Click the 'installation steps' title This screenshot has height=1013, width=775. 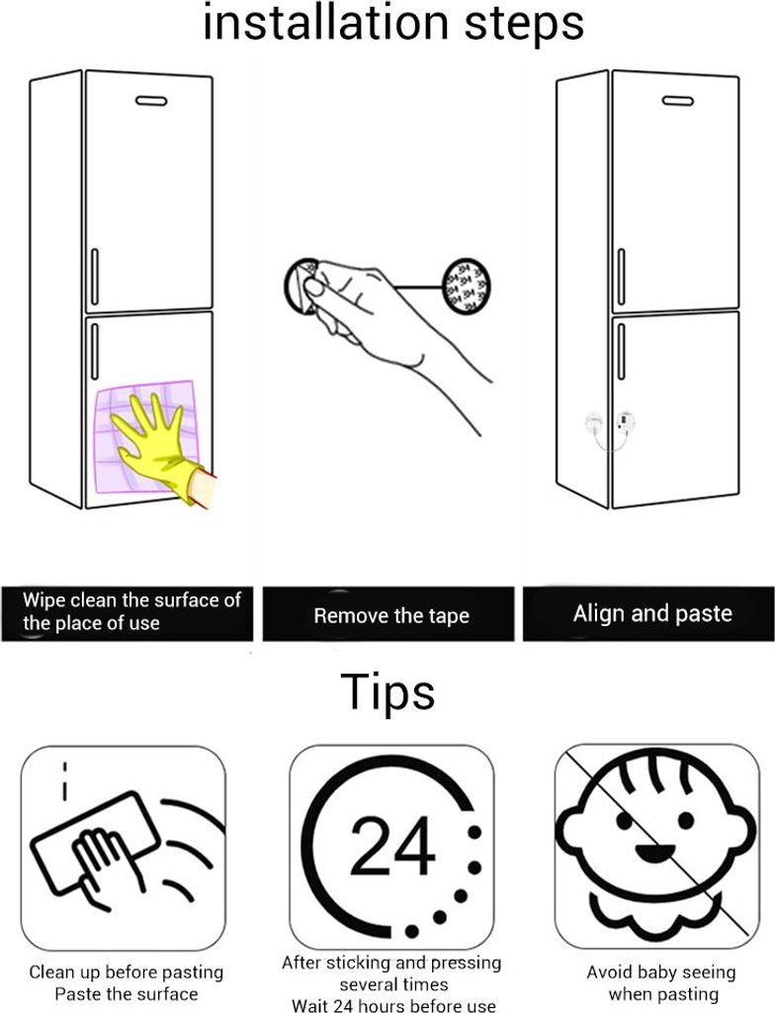click(x=393, y=24)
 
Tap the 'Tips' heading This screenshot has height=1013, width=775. click(x=387, y=691)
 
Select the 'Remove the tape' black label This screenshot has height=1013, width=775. click(x=388, y=613)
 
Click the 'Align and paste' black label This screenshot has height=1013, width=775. click(x=648, y=613)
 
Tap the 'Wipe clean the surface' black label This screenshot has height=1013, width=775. click(x=128, y=613)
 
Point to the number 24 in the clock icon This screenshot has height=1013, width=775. click(x=392, y=846)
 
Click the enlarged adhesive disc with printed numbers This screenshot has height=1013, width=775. click(x=466, y=285)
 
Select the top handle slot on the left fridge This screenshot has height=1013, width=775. click(x=151, y=101)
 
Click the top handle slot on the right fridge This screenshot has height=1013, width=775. click(x=678, y=101)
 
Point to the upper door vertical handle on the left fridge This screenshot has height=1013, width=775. click(x=95, y=277)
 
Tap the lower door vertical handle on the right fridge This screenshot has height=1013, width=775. click(x=622, y=351)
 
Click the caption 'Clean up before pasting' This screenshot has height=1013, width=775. click(x=127, y=971)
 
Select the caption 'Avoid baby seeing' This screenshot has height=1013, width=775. click(x=661, y=971)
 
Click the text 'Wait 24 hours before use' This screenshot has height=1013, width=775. click(x=393, y=1005)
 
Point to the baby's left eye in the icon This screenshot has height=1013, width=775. click(x=623, y=820)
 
